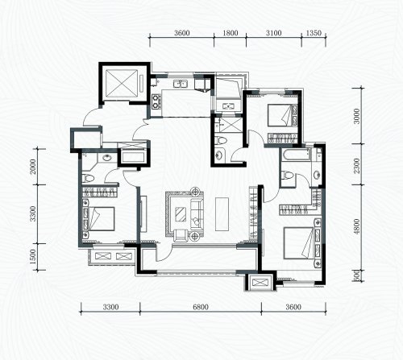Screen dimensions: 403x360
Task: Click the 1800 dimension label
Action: pyautogui.click(x=231, y=33)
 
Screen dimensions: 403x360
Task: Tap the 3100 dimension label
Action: pyautogui.click(x=274, y=33)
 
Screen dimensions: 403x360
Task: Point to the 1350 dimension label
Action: pyautogui.click(x=314, y=33)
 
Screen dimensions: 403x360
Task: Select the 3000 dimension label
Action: pyautogui.click(x=356, y=116)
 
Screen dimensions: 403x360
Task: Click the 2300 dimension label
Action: pyautogui.click(x=356, y=166)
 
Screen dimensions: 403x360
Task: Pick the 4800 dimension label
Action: pyautogui.click(x=356, y=226)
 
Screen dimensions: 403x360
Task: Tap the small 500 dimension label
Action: pyautogui.click(x=356, y=275)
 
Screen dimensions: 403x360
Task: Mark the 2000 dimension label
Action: pyautogui.click(x=33, y=167)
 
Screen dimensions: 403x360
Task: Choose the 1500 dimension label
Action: pyautogui.click(x=33, y=256)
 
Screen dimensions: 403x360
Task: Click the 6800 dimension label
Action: pyautogui.click(x=201, y=307)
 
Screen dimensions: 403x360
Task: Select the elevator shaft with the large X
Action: pyautogui.click(x=122, y=83)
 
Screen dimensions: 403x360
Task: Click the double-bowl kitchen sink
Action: pyautogui.click(x=181, y=84)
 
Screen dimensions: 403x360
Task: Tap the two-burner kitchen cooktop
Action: pyautogui.click(x=156, y=101)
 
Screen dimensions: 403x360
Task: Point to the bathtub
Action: pyautogui.click(x=296, y=155)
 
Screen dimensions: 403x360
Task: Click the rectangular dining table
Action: pyautogui.click(x=222, y=213)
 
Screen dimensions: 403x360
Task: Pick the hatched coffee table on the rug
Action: pyautogui.click(x=181, y=214)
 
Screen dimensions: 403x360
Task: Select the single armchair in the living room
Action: pyautogui.click(x=181, y=235)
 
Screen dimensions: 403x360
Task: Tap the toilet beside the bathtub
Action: pyautogui.click(x=287, y=176)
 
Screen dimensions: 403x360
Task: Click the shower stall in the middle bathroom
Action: pyautogui.click(x=229, y=124)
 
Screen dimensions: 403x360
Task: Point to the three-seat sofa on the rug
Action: pyautogui.click(x=197, y=214)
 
